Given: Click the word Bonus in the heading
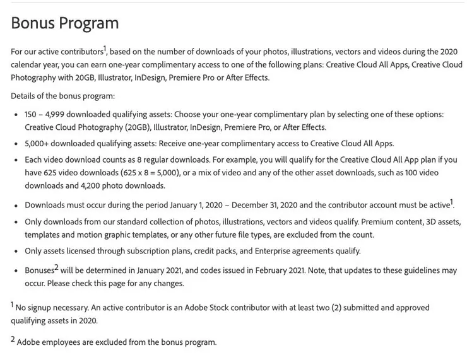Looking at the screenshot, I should click(32, 23).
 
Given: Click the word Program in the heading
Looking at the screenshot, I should click(88, 23).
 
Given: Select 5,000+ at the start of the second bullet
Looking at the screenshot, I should click(39, 143).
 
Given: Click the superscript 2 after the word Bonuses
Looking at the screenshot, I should click(56, 267).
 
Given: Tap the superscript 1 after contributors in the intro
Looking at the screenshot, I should click(105, 49).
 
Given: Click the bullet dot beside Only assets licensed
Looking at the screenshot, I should click(16, 251).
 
